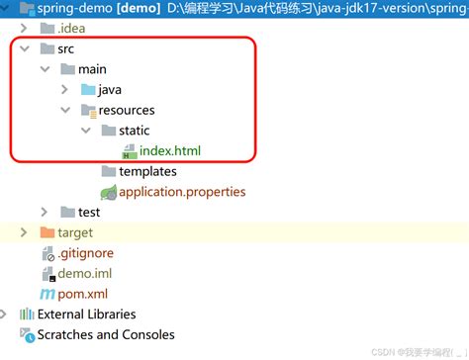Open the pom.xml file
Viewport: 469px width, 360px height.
point(84,294)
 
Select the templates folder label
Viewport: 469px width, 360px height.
point(147,171)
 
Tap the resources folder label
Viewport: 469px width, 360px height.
point(126,110)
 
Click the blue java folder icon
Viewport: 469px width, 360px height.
point(86,90)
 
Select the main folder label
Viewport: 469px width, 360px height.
point(92,69)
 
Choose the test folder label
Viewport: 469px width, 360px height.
point(89,212)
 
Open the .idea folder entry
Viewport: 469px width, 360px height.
point(71,29)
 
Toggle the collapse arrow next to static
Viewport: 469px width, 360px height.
point(86,131)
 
